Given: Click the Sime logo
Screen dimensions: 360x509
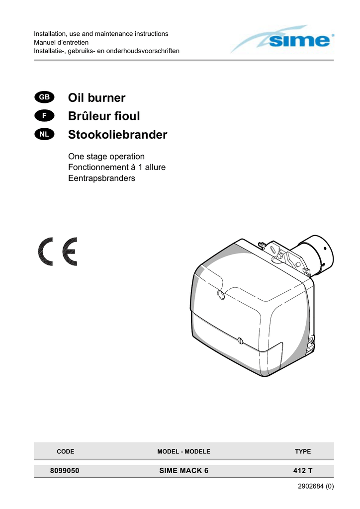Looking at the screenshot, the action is click(x=282, y=39).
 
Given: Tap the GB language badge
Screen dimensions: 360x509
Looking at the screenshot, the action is click(x=44, y=97).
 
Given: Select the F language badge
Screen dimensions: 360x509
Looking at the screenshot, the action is click(x=44, y=115).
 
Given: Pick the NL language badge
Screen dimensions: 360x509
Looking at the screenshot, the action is click(x=44, y=134).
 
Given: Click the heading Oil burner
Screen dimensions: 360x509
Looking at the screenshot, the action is click(x=97, y=98).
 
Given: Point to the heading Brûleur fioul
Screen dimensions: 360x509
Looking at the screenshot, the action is click(x=104, y=116).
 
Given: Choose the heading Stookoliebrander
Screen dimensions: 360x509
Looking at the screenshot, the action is click(x=117, y=134).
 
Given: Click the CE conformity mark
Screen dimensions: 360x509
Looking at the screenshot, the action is click(x=58, y=252).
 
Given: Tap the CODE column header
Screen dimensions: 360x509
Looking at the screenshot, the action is click(x=66, y=451).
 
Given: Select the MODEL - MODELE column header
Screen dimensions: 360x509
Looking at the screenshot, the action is click(x=184, y=451).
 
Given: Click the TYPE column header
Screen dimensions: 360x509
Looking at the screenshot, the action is click(x=303, y=451).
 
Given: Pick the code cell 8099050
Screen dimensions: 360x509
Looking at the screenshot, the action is click(x=65, y=471).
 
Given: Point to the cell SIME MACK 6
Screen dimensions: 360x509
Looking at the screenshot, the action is click(x=184, y=471).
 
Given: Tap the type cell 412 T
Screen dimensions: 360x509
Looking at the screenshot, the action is click(x=303, y=471).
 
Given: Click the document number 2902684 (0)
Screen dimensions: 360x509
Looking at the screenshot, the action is click(x=316, y=486).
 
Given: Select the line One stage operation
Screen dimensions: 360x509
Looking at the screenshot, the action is click(x=106, y=157).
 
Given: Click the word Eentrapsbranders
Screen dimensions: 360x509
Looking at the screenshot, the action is click(x=101, y=178).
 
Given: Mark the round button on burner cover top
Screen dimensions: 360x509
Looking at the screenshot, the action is click(x=221, y=295).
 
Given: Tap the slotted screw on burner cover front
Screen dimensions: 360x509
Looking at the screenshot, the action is click(x=240, y=340).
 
